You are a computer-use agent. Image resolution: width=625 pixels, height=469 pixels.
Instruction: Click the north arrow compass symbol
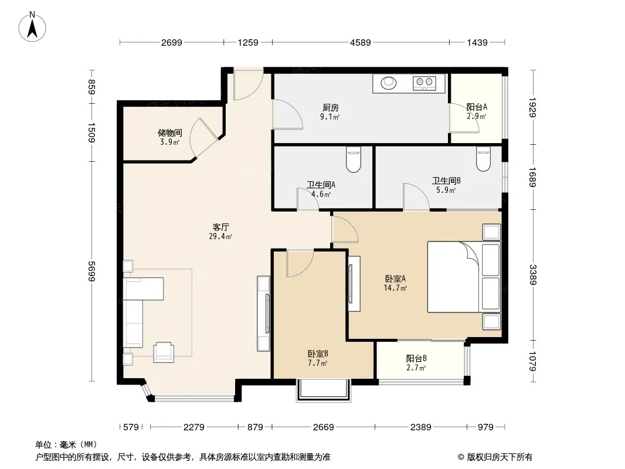(x=32, y=27)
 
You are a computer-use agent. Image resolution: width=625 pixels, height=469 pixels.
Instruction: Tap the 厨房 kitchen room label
(x=331, y=108)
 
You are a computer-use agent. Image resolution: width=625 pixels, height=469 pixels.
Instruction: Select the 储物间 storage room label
(x=170, y=132)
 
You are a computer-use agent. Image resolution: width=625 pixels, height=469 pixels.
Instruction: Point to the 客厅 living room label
(x=220, y=227)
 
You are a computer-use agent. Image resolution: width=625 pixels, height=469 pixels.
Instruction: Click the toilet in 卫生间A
(x=354, y=159)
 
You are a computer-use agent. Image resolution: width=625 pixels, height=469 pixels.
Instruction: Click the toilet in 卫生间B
(x=484, y=159)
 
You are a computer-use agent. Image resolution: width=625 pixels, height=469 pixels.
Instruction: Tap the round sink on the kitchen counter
(x=389, y=83)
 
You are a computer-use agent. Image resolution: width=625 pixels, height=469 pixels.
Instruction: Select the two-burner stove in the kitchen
(x=424, y=83)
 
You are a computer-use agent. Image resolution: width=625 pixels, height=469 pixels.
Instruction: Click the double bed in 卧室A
(x=464, y=277)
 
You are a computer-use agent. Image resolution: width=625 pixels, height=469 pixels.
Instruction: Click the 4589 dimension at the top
(x=361, y=42)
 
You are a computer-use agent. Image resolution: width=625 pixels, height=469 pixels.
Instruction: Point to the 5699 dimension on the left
(x=91, y=271)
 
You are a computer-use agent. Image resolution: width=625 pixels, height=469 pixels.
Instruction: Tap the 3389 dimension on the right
(x=533, y=275)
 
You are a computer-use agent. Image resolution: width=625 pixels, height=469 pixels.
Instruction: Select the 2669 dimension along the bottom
(x=323, y=427)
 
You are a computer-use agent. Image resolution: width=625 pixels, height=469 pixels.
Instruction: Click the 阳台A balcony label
(x=477, y=107)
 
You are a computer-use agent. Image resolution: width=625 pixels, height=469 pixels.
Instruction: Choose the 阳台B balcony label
(x=416, y=358)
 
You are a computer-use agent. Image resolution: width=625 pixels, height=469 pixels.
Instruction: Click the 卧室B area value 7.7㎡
(x=318, y=363)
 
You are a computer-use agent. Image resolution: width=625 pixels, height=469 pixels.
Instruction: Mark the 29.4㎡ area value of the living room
(x=220, y=236)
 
